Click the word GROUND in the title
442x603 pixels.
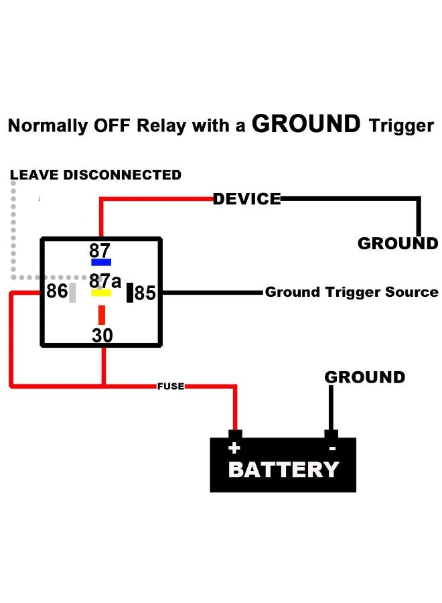[x=306, y=124]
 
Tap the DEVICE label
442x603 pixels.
[x=246, y=199]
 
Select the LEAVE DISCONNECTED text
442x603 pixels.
[x=96, y=175]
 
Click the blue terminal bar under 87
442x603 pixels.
[x=101, y=262]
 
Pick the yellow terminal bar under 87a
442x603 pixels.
[x=101, y=293]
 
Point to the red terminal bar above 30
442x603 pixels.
[x=102, y=315]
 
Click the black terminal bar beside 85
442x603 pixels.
[x=130, y=293]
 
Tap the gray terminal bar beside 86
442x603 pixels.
[x=72, y=293]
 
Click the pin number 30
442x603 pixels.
[x=102, y=336]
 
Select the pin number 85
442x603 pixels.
[x=145, y=293]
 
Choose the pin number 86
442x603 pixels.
[x=57, y=291]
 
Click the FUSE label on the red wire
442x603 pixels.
[x=171, y=386]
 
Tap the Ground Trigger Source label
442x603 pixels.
[x=352, y=292]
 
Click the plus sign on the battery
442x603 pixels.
[x=234, y=448]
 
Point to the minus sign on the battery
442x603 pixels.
[x=332, y=448]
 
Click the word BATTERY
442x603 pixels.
[x=284, y=470]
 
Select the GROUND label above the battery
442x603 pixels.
[x=365, y=377]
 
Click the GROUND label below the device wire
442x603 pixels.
[x=398, y=243]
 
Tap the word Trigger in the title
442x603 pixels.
[x=401, y=126]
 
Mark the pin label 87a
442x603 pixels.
[x=105, y=281]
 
